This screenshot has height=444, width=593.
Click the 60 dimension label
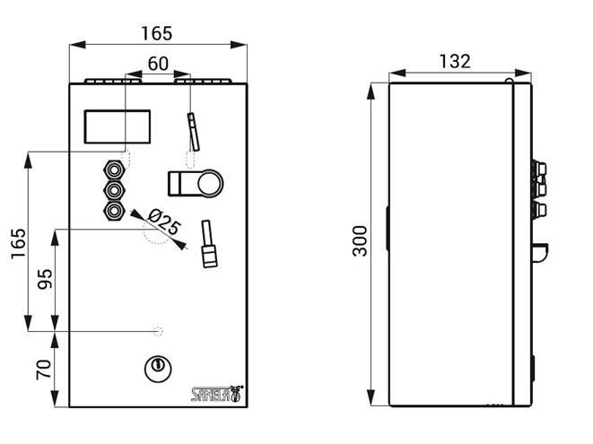coord(158,64)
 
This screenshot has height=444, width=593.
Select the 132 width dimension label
coord(455,61)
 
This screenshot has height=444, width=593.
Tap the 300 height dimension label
coord(360,241)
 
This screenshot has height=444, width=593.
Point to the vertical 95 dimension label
coord(45,279)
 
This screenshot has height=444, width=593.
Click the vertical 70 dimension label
coord(43,370)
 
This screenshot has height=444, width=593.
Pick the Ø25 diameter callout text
coord(164,222)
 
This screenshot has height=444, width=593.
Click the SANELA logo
coord(217,394)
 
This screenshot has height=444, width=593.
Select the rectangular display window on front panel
coord(118,126)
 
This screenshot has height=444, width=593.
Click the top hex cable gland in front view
coord(113,170)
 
